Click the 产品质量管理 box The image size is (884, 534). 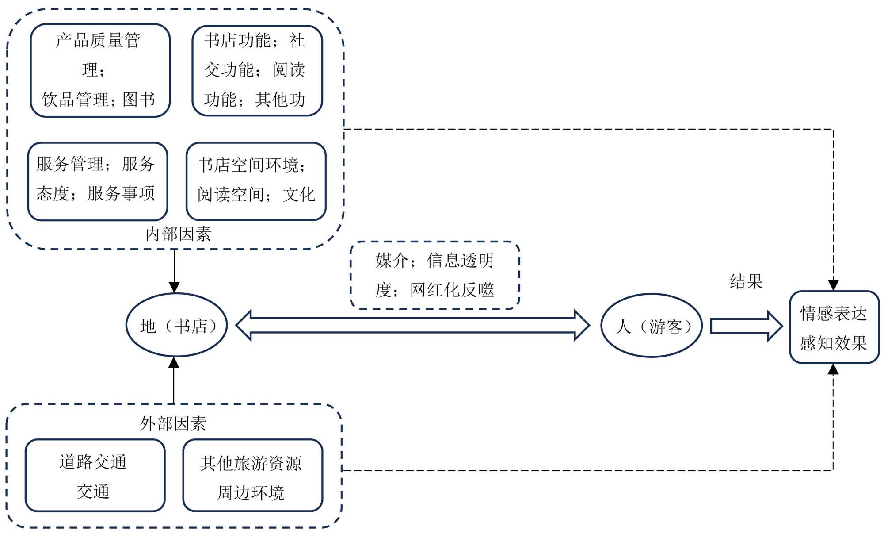coord(100,70)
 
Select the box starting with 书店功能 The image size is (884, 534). coord(257,70)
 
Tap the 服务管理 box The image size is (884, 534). coord(98,181)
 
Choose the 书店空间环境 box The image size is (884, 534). coord(256,181)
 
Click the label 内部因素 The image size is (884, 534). coord(178,234)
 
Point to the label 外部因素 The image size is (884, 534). coord(173,423)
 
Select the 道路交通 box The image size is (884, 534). coord(95,475)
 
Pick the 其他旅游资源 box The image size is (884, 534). coord(252,475)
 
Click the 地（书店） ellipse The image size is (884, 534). coord(177,325)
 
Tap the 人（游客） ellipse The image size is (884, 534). coord(652,326)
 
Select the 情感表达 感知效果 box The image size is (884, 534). coord(834,327)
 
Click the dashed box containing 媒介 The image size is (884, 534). coord(434,275)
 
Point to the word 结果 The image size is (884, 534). coord(746,281)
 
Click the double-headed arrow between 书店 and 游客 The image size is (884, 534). coord(412,325)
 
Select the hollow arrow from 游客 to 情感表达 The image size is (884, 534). coord(746,326)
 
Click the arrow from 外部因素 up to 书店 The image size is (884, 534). coord(174,380)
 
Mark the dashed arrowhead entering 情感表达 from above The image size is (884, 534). coord(833,284)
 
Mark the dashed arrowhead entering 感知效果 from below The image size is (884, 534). coord(833,369)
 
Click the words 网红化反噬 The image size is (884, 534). coord(452,290)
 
